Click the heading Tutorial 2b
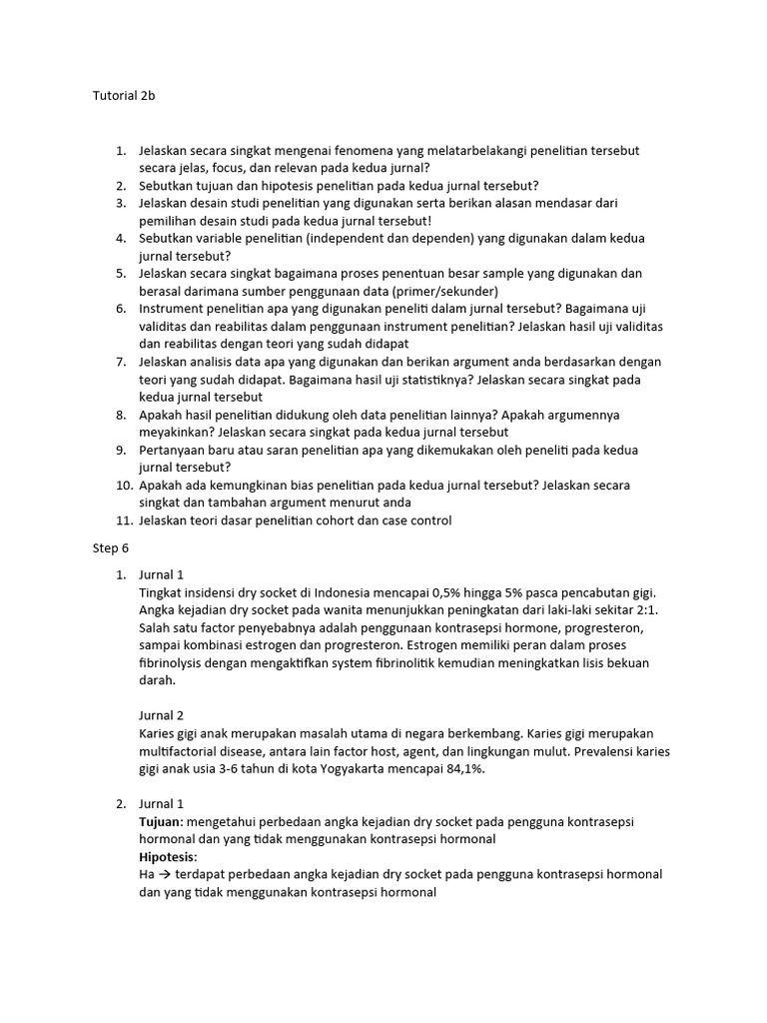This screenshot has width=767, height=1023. click(125, 96)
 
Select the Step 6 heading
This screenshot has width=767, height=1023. click(111, 548)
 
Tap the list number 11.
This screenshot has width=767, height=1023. click(122, 520)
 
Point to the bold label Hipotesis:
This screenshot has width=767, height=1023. click(168, 857)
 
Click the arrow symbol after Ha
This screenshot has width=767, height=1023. click(165, 875)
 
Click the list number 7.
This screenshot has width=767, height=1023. click(121, 362)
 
